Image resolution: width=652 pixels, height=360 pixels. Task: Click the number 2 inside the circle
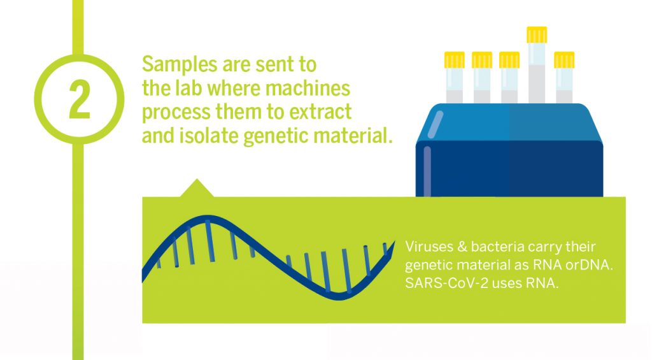point(80,100)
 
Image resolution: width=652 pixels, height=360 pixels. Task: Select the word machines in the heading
point(308,88)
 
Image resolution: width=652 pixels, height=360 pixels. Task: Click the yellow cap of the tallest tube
point(537,35)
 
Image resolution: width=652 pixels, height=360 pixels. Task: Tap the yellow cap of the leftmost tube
point(455,60)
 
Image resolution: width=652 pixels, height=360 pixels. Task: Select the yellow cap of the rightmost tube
point(564,60)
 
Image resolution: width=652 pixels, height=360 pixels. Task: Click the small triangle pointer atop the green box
point(197,188)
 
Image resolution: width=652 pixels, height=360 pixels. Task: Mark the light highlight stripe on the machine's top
point(436,124)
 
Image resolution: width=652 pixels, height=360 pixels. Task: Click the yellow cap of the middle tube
point(509,60)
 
